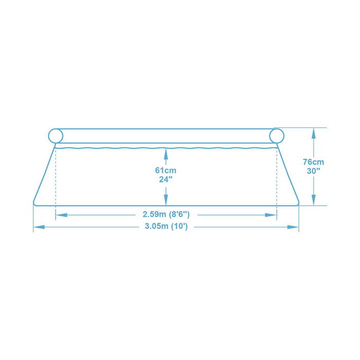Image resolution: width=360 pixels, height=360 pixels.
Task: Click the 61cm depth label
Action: (166, 170)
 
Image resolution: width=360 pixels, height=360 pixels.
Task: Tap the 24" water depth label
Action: (166, 179)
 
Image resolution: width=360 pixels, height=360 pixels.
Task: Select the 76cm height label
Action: (313, 161)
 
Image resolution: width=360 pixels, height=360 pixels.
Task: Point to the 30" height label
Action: (313, 171)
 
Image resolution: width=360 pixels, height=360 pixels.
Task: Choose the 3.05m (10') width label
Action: (166, 227)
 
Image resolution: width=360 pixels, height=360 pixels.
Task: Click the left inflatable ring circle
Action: (55, 136)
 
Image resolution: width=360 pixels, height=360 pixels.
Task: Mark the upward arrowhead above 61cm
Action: (166, 152)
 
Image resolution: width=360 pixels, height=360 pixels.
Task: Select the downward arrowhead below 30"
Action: (313, 201)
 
